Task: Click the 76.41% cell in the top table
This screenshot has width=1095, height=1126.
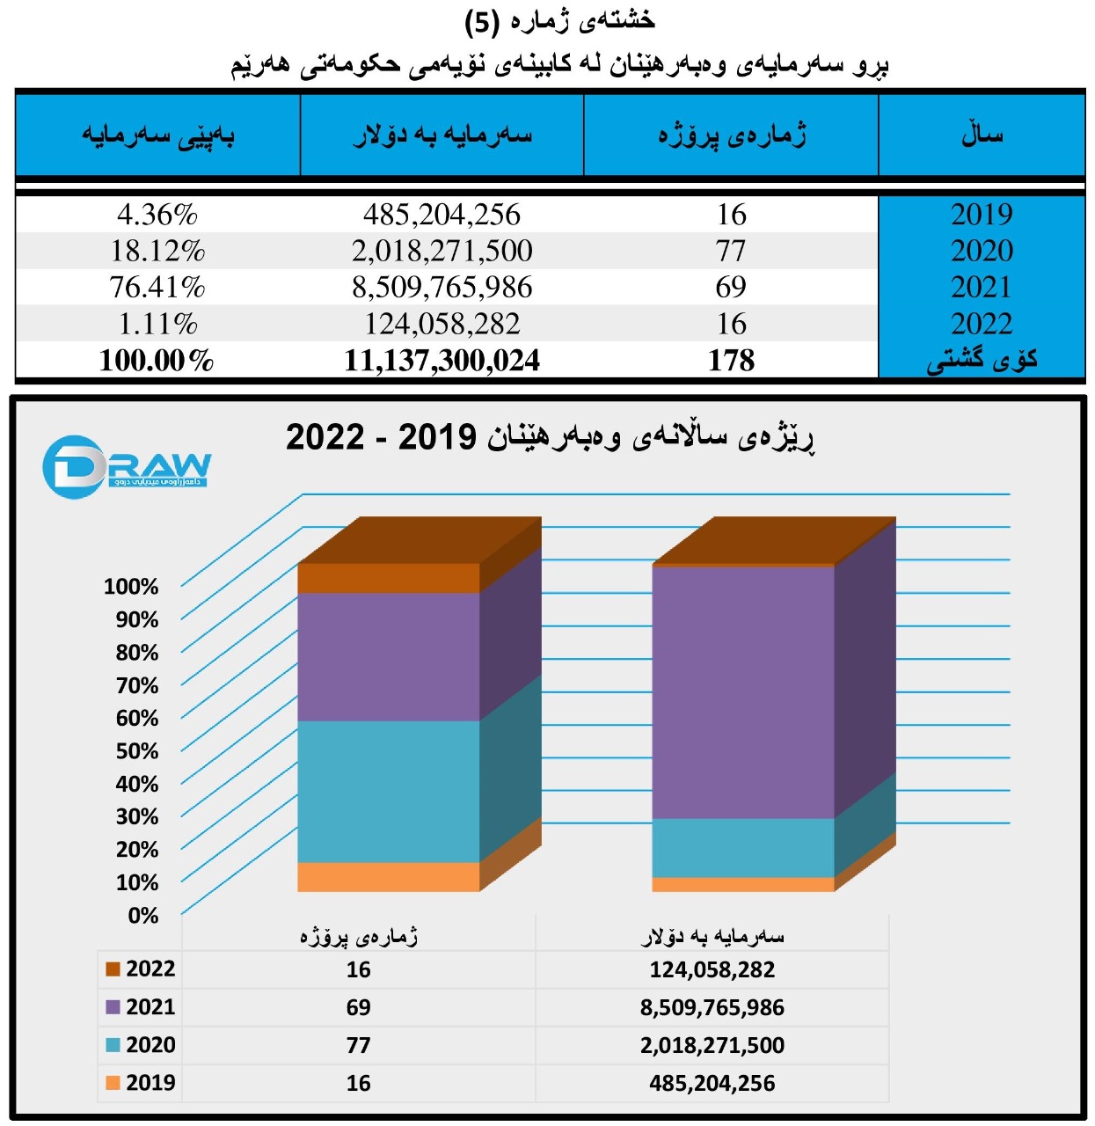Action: tap(157, 288)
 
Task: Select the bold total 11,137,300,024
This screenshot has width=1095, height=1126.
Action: tap(442, 361)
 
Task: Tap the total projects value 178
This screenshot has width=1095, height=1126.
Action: tap(731, 361)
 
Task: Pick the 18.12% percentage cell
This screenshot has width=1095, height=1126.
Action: tap(157, 252)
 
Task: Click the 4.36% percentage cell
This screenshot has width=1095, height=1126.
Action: tap(157, 215)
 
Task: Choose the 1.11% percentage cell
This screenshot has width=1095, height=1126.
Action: tap(157, 324)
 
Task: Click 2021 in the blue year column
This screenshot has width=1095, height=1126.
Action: tap(981, 288)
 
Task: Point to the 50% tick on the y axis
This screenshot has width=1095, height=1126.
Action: tap(137, 751)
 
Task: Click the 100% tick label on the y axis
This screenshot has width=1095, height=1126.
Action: tap(131, 587)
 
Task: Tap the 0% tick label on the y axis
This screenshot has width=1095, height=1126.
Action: tap(142, 916)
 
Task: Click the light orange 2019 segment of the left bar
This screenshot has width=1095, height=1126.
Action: tap(388, 877)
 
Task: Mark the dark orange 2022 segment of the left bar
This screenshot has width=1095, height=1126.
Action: tap(388, 578)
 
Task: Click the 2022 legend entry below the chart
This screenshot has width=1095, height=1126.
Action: tap(141, 969)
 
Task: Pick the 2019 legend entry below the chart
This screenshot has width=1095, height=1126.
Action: tap(141, 1082)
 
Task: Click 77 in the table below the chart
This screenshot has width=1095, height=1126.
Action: tap(358, 1045)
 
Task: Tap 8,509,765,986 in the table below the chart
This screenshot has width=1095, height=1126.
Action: tap(712, 1007)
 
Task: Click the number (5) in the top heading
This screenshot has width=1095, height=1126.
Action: tap(481, 21)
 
